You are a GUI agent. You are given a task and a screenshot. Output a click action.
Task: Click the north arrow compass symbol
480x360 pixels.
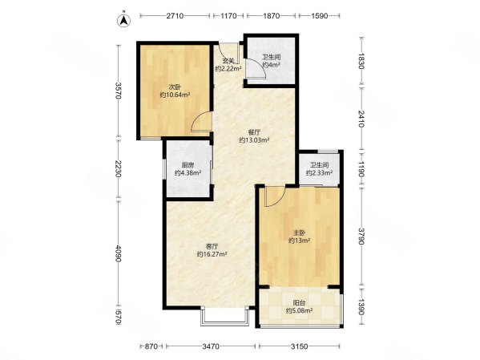123,21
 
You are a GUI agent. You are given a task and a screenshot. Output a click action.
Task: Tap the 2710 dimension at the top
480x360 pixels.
175,15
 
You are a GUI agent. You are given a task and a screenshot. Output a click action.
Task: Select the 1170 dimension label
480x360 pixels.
228,15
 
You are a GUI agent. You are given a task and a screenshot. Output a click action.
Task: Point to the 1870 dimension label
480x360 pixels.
272,15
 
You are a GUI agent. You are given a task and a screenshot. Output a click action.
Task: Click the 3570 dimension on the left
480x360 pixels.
119,91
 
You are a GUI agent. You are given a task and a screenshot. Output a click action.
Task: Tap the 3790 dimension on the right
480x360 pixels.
362,237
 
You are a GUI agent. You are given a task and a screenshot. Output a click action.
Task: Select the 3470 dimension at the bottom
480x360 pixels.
211,346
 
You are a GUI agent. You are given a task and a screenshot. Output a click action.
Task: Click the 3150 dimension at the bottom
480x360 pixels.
299,346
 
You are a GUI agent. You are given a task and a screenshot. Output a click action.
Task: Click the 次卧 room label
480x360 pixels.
175,87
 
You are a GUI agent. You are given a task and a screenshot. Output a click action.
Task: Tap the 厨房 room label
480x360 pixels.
188,164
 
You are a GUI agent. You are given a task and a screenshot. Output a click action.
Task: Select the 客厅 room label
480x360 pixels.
212,246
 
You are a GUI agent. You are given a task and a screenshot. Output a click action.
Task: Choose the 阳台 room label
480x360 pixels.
299,303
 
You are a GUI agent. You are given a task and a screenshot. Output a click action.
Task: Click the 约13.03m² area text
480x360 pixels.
254,140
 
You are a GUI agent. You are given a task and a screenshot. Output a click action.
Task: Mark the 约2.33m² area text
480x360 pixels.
320,173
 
